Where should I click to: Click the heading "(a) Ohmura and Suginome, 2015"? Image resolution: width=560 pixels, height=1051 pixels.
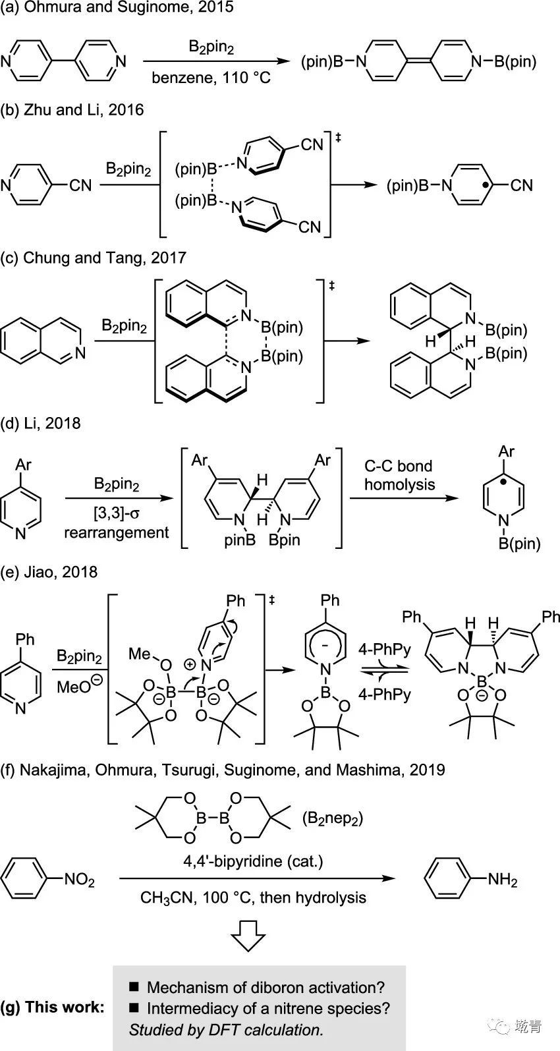click(x=117, y=8)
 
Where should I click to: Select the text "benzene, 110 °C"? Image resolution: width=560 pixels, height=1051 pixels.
click(x=211, y=78)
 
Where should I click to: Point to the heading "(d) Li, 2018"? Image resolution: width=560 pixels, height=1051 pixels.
click(x=41, y=422)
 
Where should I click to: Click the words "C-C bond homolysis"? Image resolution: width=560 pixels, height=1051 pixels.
click(x=399, y=475)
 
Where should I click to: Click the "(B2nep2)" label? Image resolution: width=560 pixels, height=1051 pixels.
click(x=333, y=818)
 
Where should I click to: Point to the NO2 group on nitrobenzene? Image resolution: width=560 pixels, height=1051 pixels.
click(x=79, y=880)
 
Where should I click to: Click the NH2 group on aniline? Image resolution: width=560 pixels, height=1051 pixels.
click(x=502, y=880)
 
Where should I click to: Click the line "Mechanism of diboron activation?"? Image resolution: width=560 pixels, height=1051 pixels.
click(x=265, y=987)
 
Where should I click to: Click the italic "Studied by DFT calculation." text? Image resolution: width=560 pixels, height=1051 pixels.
click(x=226, y=1029)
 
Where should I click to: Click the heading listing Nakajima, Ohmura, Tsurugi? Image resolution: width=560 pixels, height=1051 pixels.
click(x=223, y=769)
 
